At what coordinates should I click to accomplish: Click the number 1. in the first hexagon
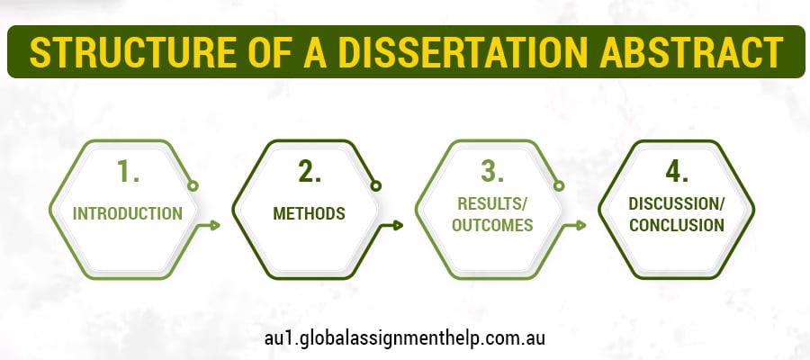128,171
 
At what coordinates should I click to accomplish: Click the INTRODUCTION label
128,214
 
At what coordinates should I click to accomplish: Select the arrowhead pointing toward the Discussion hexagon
581,225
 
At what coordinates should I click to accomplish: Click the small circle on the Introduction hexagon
193,186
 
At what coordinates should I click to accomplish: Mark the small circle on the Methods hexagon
375,186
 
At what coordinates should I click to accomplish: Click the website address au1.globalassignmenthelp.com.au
405,337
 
